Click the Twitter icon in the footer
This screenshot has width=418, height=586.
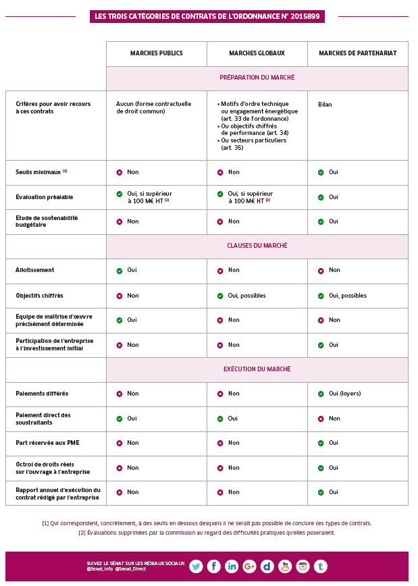click(x=196, y=566)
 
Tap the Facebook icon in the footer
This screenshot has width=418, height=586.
click(x=213, y=566)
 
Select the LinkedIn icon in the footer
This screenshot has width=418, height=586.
click(x=232, y=566)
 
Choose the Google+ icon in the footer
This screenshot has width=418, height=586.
click(x=249, y=566)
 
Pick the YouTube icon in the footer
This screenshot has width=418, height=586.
click(x=285, y=566)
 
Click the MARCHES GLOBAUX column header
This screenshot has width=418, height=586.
click(x=257, y=53)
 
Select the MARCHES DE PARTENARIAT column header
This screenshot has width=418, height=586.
click(x=357, y=53)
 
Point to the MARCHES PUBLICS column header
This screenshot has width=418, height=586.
click(x=156, y=53)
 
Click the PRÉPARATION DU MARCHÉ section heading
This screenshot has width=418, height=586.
click(x=257, y=78)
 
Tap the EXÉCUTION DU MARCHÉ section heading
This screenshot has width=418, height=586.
click(x=257, y=369)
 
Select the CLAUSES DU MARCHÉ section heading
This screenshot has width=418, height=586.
click(x=257, y=246)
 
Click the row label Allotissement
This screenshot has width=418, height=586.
click(x=35, y=270)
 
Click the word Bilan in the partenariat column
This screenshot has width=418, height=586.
click(x=325, y=105)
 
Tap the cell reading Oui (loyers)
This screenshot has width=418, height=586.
click(x=344, y=394)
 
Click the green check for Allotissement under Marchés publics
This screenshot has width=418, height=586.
click(x=120, y=271)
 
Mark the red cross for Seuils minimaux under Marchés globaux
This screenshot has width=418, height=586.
click(x=220, y=173)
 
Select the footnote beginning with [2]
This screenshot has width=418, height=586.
click(x=207, y=533)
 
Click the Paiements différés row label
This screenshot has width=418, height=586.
click(x=42, y=394)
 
